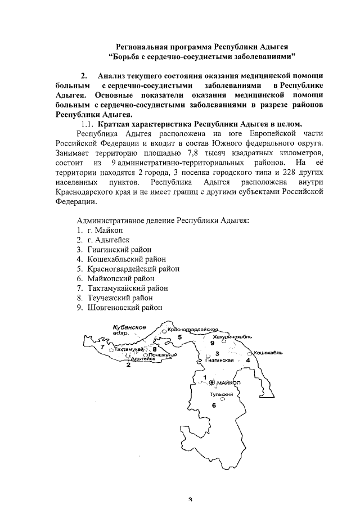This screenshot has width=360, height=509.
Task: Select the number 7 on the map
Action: click(x=102, y=347)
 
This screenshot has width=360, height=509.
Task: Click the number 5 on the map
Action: click(x=180, y=337)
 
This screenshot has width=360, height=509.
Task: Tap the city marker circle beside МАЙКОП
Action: click(x=212, y=382)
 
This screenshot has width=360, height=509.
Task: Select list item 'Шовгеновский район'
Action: click(x=124, y=308)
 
